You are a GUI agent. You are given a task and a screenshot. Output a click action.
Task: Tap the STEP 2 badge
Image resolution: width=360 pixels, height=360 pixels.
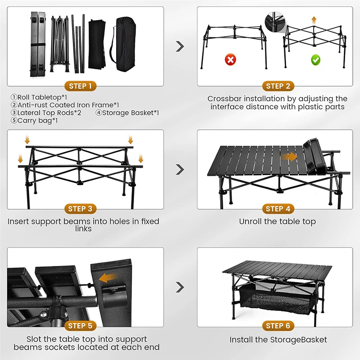(278, 86)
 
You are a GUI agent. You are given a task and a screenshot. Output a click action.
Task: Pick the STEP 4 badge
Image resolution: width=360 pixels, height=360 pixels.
(278, 209)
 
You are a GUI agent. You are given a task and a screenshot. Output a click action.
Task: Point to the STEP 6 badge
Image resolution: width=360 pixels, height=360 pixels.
(278, 326)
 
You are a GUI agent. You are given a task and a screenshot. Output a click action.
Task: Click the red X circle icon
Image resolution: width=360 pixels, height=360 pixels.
(230, 59)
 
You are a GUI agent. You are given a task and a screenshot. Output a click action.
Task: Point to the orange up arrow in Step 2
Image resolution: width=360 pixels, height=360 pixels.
(314, 20)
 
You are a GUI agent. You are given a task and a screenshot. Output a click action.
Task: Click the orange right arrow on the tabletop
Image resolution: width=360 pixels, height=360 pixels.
(288, 157)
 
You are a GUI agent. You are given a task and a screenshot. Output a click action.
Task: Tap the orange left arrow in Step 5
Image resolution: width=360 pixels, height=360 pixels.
(107, 278)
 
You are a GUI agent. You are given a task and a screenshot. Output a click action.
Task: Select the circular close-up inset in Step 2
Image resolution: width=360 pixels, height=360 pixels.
(275, 20)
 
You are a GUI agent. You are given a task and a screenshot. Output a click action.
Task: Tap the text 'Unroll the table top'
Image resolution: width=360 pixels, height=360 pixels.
(277, 221)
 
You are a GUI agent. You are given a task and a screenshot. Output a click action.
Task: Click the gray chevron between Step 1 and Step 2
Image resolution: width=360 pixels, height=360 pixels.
(180, 46)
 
